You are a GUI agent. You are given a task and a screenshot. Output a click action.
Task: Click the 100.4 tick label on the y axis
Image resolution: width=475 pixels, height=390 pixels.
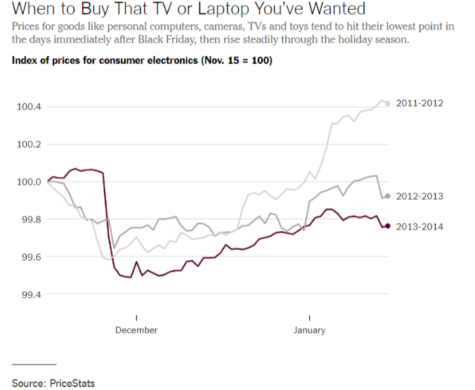pos(30,107)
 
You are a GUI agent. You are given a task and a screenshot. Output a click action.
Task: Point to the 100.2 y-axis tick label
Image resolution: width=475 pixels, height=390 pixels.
pos(30,145)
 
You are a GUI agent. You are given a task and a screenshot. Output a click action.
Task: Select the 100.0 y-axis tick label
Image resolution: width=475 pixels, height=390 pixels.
pos(30,182)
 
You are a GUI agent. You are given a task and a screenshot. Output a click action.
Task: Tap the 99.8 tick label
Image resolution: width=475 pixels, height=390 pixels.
pos(30,220)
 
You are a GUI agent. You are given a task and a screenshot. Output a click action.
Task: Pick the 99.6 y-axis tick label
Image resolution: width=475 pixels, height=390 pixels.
pos(30,257)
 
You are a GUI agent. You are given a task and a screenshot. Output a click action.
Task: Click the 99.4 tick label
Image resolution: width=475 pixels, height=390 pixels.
pos(30,294)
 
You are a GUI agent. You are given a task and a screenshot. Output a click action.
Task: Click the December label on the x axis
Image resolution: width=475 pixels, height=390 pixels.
pos(136,330)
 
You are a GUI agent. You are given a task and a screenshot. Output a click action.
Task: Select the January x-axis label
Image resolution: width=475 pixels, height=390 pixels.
pos(309,330)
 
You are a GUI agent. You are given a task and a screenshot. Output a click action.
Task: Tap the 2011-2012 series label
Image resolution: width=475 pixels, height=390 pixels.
pos(419,103)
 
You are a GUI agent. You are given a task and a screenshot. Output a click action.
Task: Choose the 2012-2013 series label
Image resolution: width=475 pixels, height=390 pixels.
pos(419,196)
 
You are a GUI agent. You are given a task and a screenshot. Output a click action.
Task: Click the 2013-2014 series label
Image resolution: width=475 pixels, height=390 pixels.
pos(419,226)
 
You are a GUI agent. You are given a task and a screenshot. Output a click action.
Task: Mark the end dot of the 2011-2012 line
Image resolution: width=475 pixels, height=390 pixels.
pos(387,103)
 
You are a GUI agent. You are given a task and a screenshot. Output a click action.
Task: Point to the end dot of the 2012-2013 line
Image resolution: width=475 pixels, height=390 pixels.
pos(387,196)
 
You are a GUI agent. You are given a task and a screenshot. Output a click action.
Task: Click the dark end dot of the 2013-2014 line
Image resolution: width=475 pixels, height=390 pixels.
pos(387,226)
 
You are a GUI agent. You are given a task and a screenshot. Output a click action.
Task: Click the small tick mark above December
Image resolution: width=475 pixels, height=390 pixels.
pos(136,317)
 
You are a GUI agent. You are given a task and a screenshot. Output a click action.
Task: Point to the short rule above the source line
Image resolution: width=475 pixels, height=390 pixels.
pos(34,365)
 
